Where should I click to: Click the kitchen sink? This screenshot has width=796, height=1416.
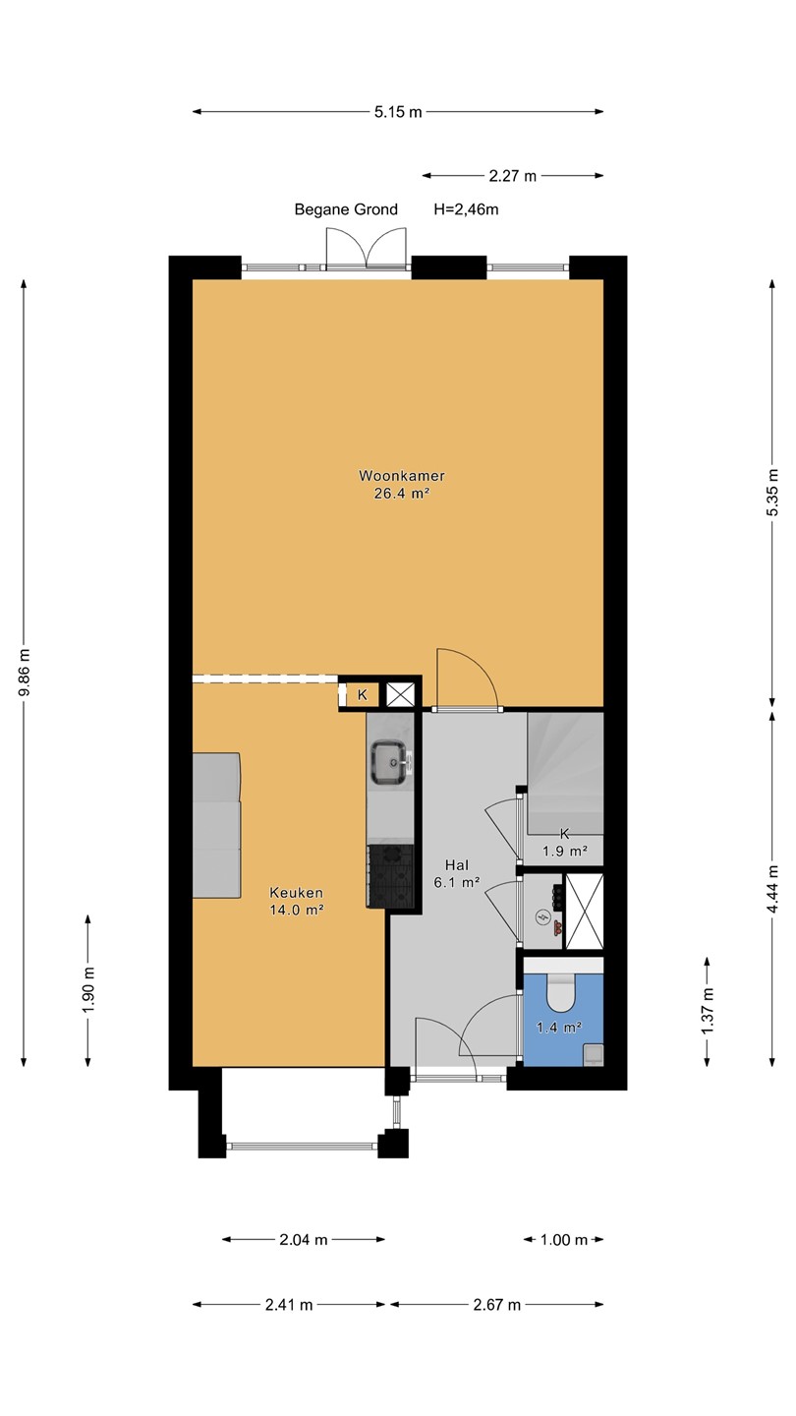point(390,762)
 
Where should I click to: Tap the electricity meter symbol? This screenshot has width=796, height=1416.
point(542,916)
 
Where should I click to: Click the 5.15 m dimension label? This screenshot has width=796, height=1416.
point(398,112)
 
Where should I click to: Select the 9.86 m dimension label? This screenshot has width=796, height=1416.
point(24,673)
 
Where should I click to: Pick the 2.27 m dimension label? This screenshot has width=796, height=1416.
point(512,176)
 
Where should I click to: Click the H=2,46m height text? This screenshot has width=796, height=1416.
point(466,209)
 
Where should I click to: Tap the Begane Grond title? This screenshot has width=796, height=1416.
point(346,209)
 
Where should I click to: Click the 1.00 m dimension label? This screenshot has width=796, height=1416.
point(564,1240)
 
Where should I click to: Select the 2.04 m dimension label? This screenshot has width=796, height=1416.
point(304,1240)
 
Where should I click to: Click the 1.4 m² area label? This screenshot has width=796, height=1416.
point(558,1028)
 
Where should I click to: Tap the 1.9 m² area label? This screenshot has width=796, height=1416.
point(565,851)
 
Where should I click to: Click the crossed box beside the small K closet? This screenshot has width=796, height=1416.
point(399,694)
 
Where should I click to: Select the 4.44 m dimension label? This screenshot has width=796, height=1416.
point(771,888)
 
